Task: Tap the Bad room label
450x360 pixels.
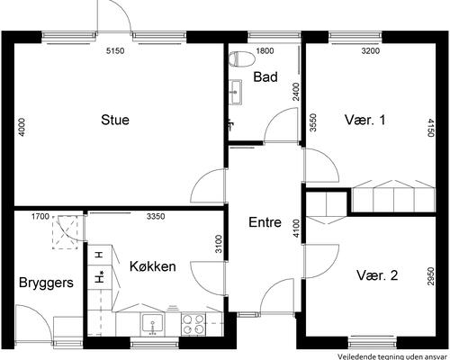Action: (265, 77)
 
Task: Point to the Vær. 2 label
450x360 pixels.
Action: (376, 275)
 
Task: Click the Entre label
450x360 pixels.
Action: (265, 222)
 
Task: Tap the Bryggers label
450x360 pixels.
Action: (46, 283)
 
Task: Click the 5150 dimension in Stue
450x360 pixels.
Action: (114, 50)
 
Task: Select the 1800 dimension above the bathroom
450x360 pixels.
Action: (265, 50)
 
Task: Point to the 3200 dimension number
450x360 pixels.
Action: (371, 50)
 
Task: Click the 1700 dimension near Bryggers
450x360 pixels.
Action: (40, 216)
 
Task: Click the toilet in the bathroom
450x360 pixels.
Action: (240, 60)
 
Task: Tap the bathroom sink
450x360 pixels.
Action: (236, 90)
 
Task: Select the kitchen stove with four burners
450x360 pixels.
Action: (193, 322)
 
